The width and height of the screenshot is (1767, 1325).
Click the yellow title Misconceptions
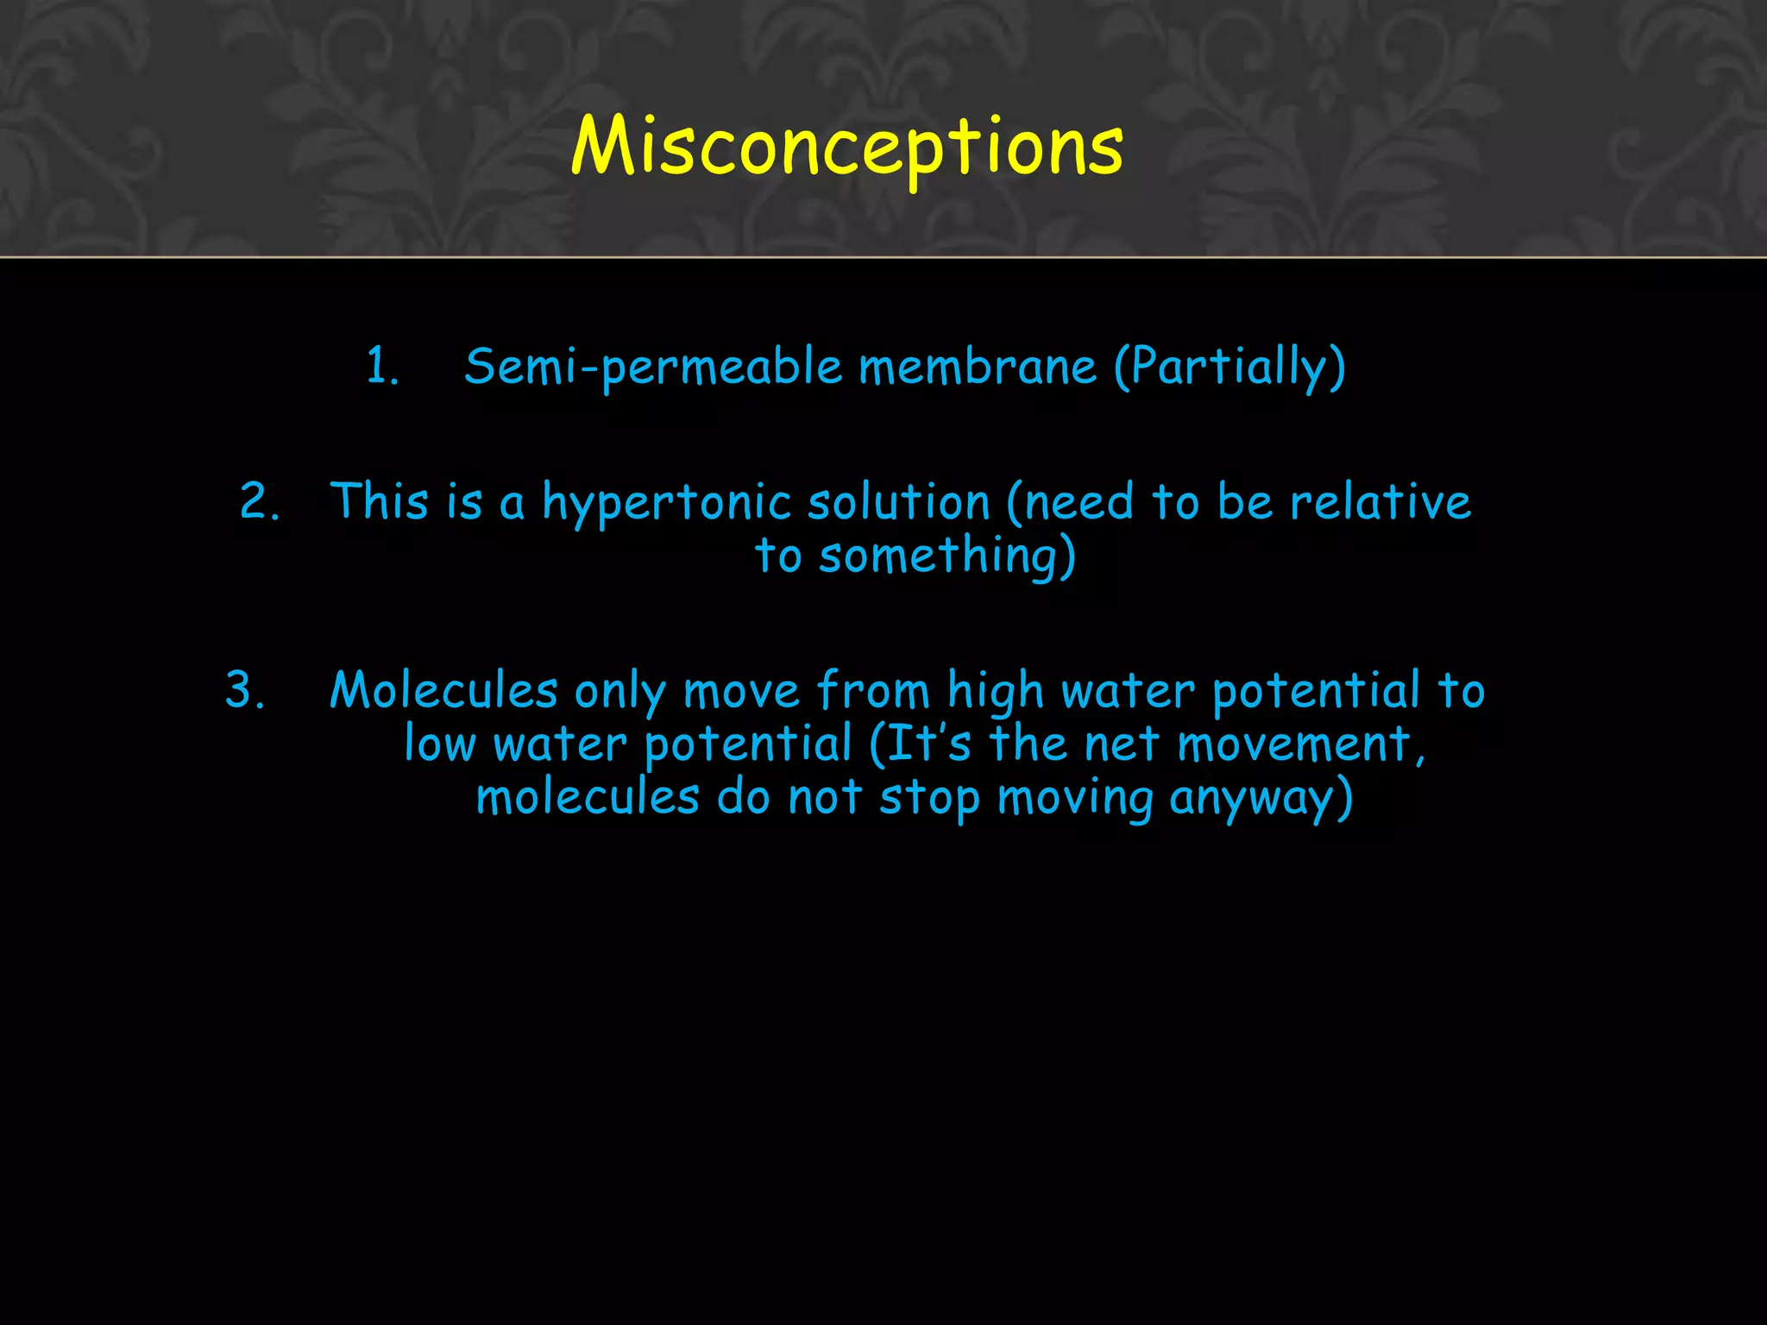(847, 147)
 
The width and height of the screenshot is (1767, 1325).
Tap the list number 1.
(381, 366)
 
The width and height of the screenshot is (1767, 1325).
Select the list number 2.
(259, 502)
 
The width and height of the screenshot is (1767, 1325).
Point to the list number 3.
(245, 690)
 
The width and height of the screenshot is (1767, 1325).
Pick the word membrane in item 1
(978, 366)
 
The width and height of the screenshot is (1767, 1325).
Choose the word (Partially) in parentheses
(1229, 367)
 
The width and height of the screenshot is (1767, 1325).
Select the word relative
(1380, 502)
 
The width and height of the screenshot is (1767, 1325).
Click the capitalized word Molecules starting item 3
(443, 690)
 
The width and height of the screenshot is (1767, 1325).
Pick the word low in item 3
(439, 744)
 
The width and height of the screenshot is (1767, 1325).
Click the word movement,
(1301, 744)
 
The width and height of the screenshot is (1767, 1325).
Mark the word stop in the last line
(929, 799)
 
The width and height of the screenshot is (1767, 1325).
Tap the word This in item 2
(379, 502)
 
